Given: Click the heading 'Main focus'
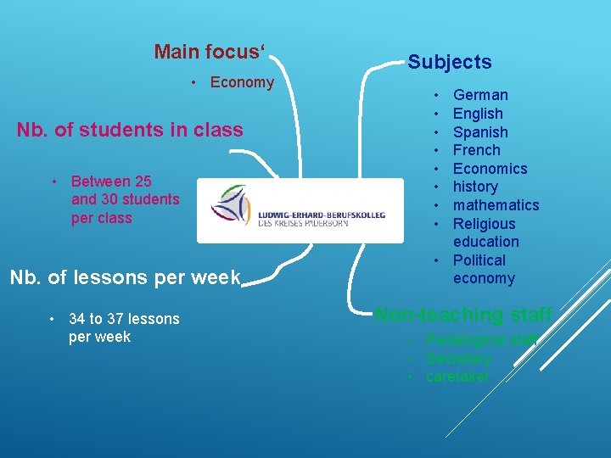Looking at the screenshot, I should pyautogui.click(x=210, y=52).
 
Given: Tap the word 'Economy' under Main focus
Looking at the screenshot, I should pyautogui.click(x=242, y=82).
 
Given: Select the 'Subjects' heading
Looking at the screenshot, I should pyautogui.click(x=449, y=62).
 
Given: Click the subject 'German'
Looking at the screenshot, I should pyautogui.click(x=480, y=95).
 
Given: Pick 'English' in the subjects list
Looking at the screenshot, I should pyautogui.click(x=478, y=114).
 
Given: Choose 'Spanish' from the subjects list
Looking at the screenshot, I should pyautogui.click(x=480, y=132).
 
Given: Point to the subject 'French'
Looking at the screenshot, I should pyautogui.click(x=476, y=150).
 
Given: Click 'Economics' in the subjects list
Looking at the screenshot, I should pyautogui.click(x=490, y=169).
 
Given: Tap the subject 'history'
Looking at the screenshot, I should pyautogui.click(x=475, y=187).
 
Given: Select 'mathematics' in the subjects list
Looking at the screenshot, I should pyautogui.click(x=496, y=205).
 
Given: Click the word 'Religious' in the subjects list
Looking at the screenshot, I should pyautogui.click(x=484, y=224).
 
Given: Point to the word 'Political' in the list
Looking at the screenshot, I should pyautogui.click(x=479, y=260).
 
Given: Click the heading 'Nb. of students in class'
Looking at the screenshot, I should pyautogui.click(x=130, y=130).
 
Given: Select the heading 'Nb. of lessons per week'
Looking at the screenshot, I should pyautogui.click(x=125, y=277).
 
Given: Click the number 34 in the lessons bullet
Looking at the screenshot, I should pyautogui.click(x=77, y=319).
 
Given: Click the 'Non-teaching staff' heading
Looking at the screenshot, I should pyautogui.click(x=463, y=315).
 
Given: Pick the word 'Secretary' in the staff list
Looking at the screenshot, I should pyautogui.click(x=458, y=359).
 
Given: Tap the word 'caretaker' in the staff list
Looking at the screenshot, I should pyautogui.click(x=457, y=377).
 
